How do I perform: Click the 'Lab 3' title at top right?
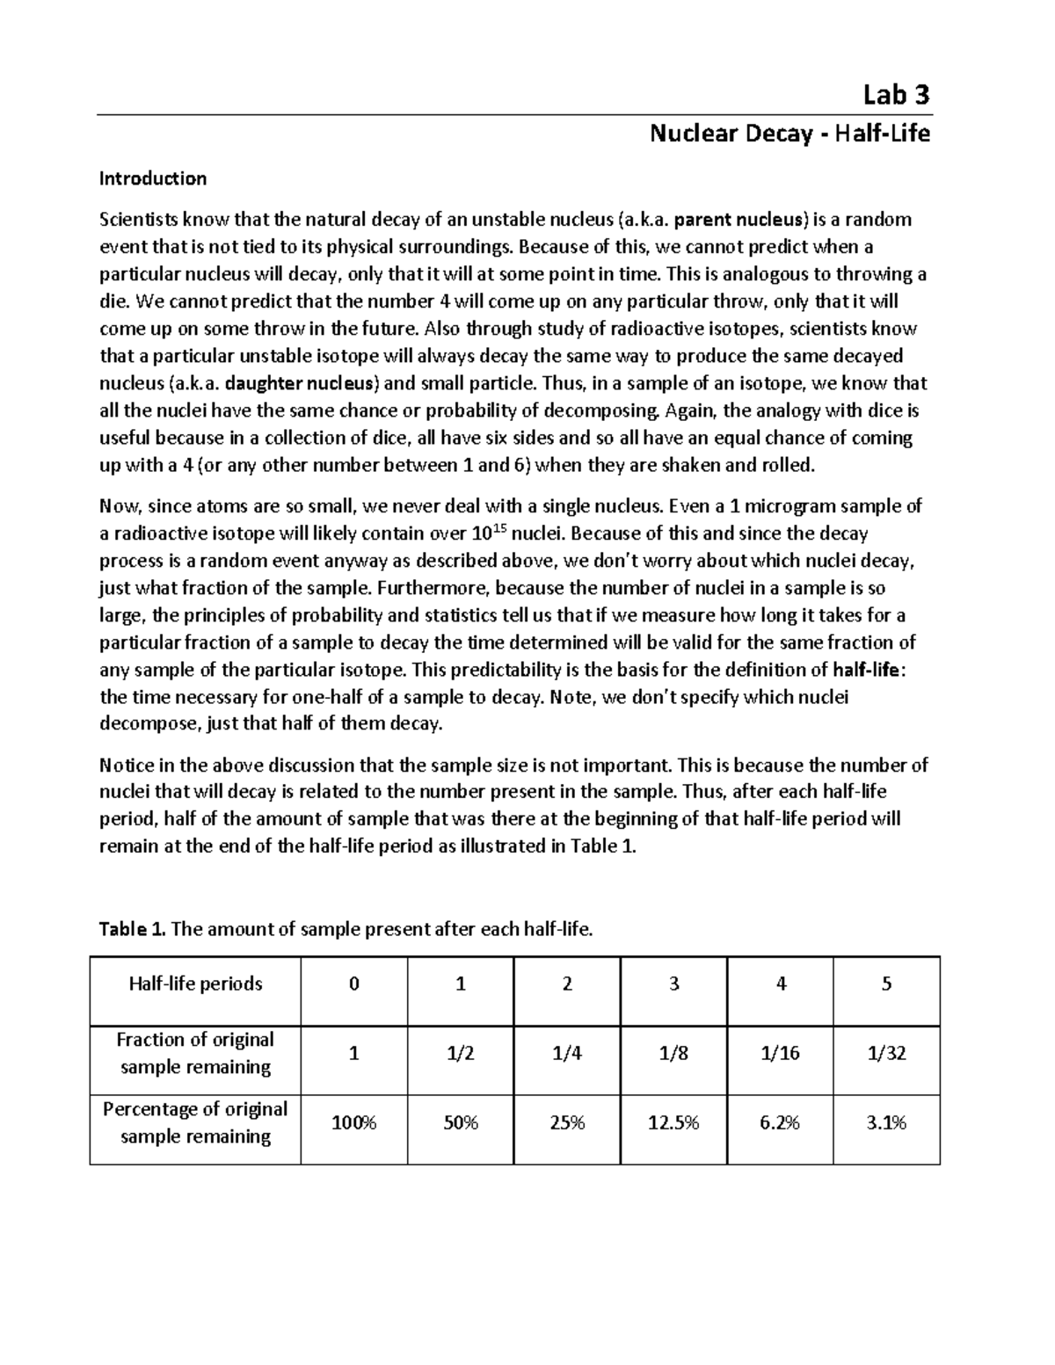[x=896, y=94]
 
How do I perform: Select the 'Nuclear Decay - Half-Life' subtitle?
[x=789, y=134]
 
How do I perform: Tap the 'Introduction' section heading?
[x=152, y=178]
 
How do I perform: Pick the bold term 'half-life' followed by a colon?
[x=866, y=670]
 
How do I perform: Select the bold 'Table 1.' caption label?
[x=133, y=929]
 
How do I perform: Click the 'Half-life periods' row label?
[x=195, y=984]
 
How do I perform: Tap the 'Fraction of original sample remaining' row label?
[x=195, y=1053]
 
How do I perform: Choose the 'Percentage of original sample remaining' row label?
[x=195, y=1122]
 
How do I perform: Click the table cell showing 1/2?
[x=460, y=1053]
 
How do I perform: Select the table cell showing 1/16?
[x=780, y=1053]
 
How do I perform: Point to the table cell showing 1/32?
[x=886, y=1053]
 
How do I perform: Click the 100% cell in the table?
[x=353, y=1122]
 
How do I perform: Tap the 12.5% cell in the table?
[x=673, y=1122]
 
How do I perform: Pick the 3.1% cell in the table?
[x=886, y=1122]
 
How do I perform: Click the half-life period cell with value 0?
[x=353, y=984]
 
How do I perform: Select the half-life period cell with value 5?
[x=886, y=984]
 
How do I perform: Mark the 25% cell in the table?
[x=567, y=1122]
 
